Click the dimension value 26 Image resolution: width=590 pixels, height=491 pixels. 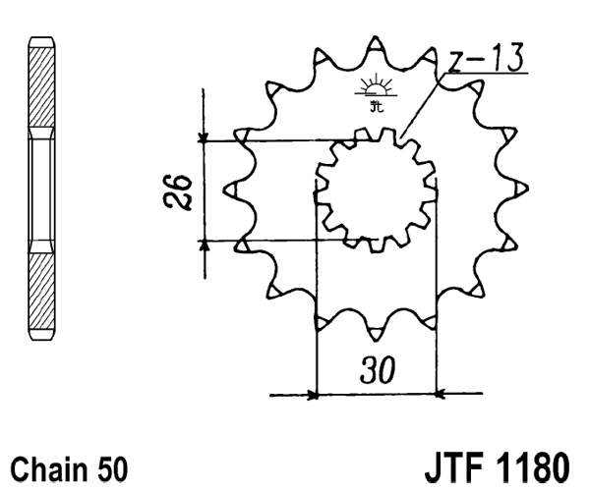click(x=177, y=190)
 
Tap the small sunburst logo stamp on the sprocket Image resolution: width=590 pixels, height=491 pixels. click(x=375, y=89)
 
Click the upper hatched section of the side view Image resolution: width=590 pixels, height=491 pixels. click(x=42, y=88)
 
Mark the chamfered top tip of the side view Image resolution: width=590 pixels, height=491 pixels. click(x=42, y=42)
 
